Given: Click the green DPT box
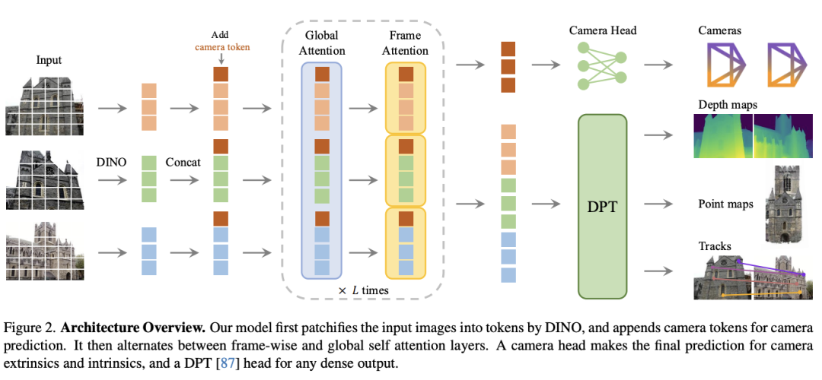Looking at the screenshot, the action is [602, 206].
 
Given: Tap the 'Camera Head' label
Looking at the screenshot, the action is [603, 30].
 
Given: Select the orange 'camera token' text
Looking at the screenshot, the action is [223, 46].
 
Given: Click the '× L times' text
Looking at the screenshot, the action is [363, 290].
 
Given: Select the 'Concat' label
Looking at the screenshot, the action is [183, 162].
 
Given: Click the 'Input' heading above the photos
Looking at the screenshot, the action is [49, 60].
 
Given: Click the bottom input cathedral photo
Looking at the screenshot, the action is [45, 251].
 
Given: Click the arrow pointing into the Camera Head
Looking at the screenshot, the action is [546, 65].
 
